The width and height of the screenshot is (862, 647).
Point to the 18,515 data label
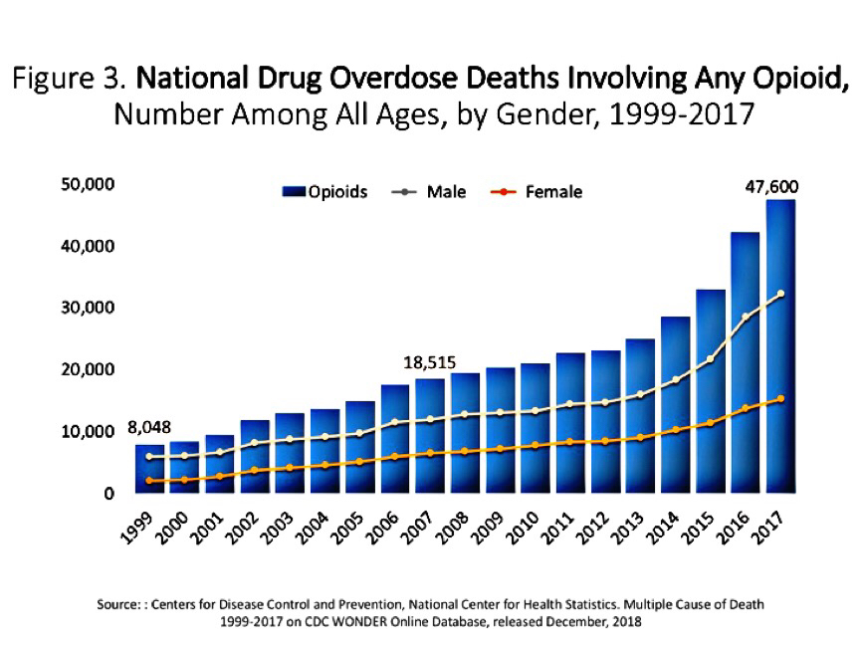click(429, 362)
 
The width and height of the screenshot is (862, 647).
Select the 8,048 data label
click(150, 429)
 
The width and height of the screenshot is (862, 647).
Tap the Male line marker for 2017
click(781, 294)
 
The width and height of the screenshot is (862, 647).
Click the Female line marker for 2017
click(781, 399)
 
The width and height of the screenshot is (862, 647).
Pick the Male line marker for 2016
click(746, 317)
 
